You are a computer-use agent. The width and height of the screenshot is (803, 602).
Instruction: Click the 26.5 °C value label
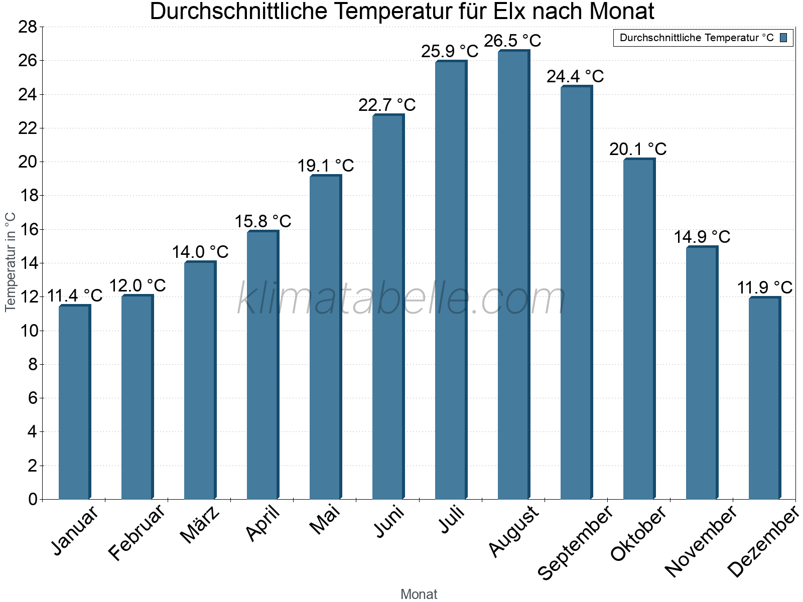coord(512,41)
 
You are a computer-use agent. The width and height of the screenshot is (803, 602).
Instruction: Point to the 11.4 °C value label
coord(74,295)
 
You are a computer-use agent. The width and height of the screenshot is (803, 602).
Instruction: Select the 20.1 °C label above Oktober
coord(638,149)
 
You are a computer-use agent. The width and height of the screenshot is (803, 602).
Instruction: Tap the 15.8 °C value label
coord(262,221)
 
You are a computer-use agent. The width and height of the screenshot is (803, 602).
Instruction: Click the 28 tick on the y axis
coord(28,27)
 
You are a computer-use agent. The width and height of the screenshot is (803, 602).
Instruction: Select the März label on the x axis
coord(200,525)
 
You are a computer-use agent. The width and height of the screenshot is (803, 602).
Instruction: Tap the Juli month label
coord(452,520)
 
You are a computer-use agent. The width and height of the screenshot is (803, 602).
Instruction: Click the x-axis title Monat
coord(419,594)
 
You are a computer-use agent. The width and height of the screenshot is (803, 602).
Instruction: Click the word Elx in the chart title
coord(509,12)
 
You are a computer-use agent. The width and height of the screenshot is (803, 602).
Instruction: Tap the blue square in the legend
coord(783,38)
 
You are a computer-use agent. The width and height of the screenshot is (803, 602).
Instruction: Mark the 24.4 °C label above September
coord(575,76)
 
